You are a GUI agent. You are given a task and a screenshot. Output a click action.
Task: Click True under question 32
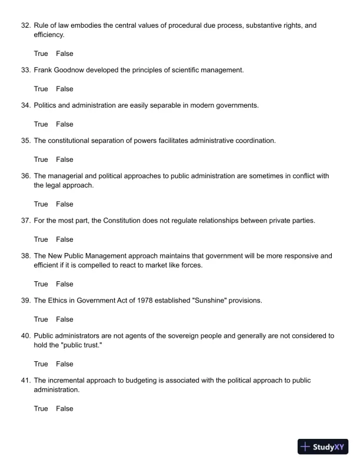(x=41, y=54)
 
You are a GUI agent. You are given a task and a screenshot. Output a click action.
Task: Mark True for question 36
(x=41, y=204)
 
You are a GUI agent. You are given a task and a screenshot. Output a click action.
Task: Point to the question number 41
(x=25, y=381)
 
